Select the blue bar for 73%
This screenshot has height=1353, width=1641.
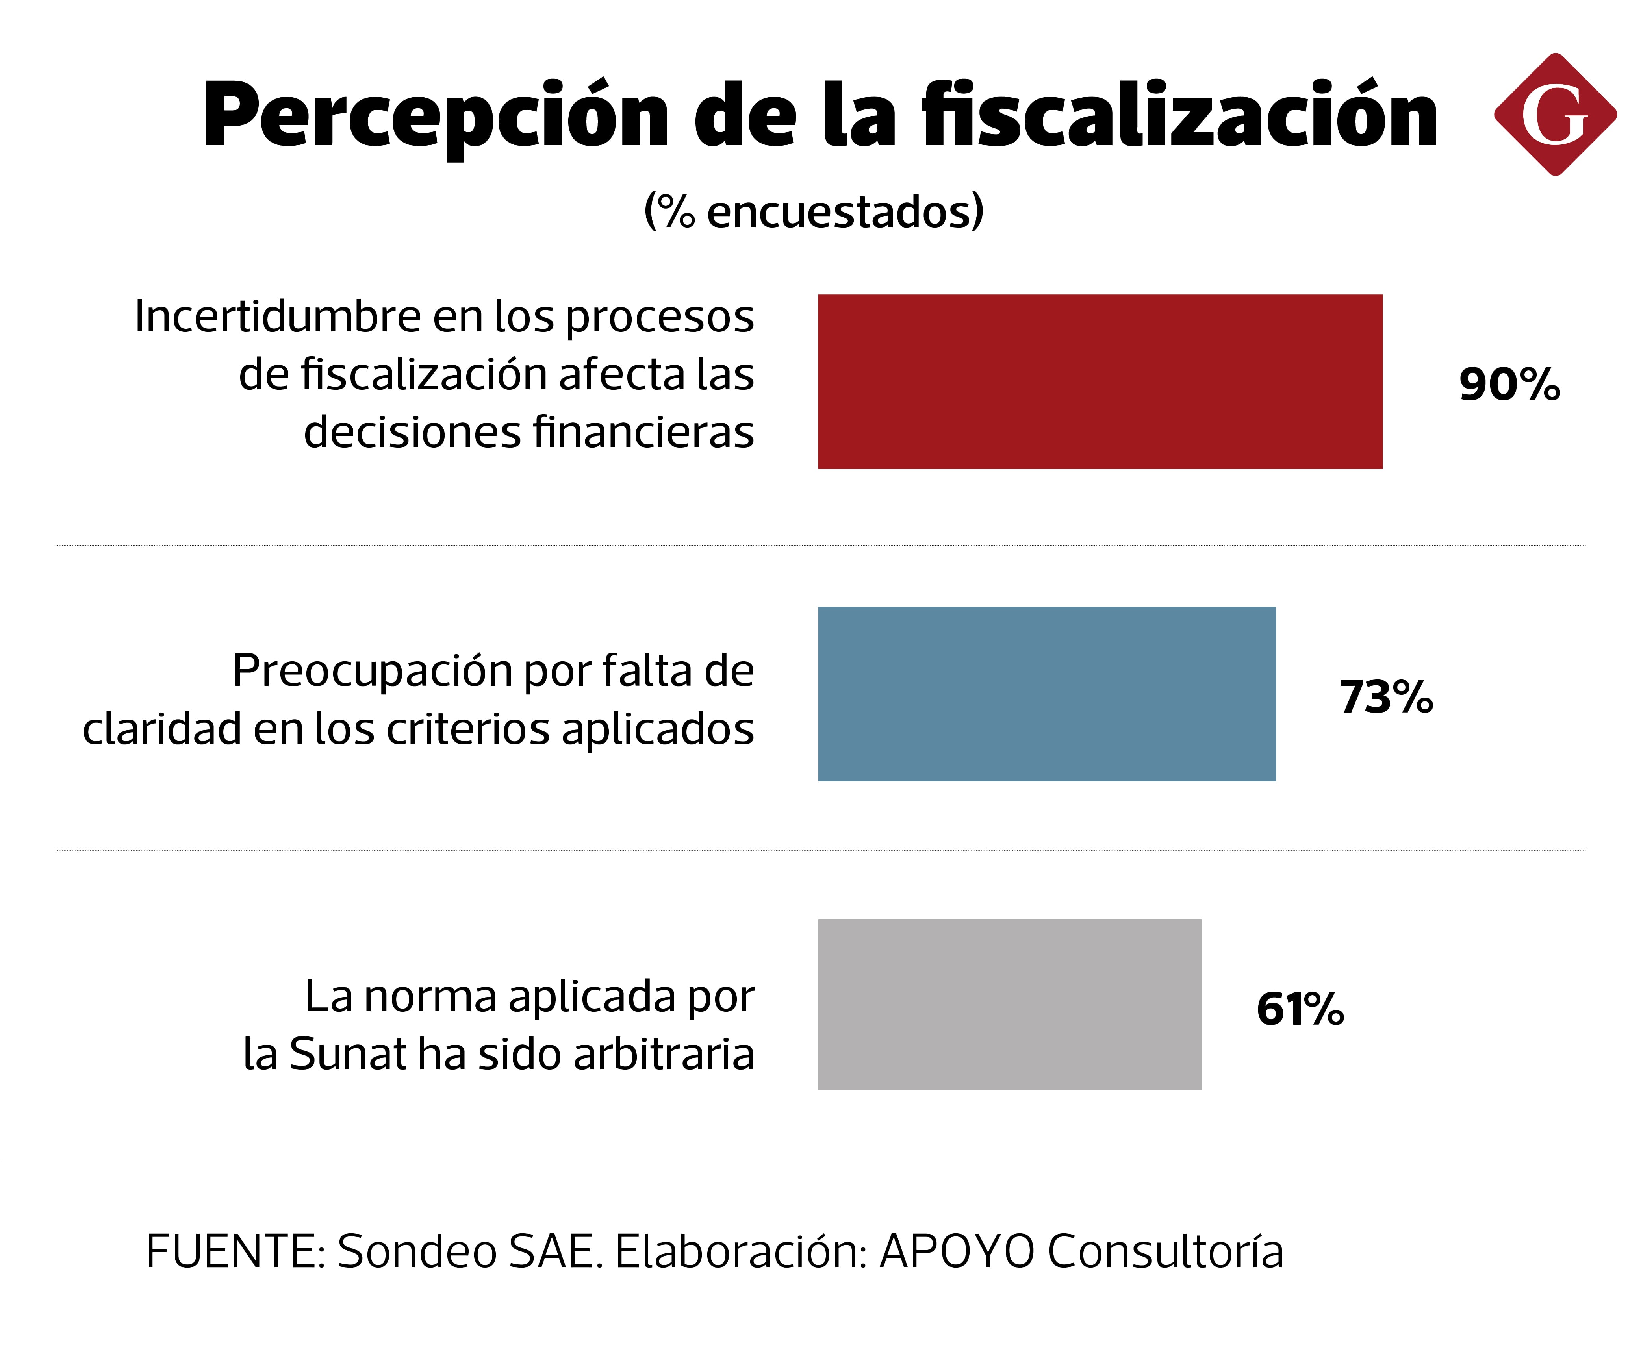click(1046, 694)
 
